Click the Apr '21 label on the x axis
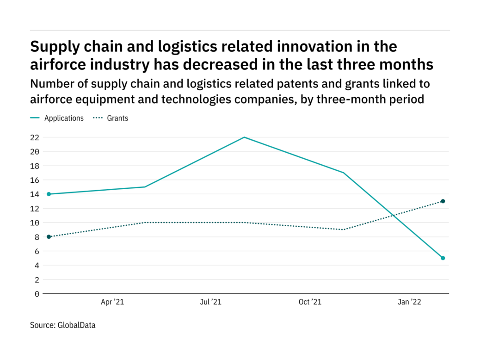click(112, 302)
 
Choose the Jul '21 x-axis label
click(211, 302)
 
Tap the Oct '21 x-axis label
click(310, 302)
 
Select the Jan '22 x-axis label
click(410, 302)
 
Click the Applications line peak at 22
click(244, 137)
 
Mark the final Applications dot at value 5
click(443, 258)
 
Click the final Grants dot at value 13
click(443, 201)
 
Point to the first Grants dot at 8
click(49, 237)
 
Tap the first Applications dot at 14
click(49, 194)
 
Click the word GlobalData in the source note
click(76, 325)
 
